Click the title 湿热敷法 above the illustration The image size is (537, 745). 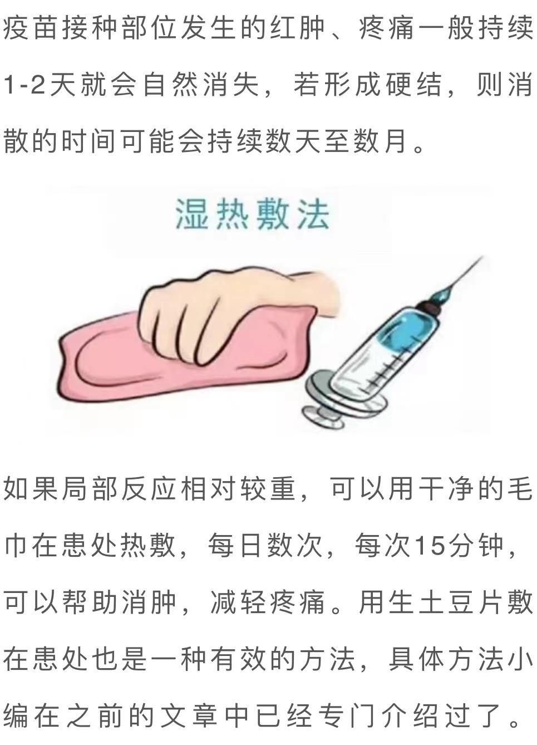pyautogui.click(x=253, y=214)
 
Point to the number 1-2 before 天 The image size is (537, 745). pyautogui.click(x=24, y=85)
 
